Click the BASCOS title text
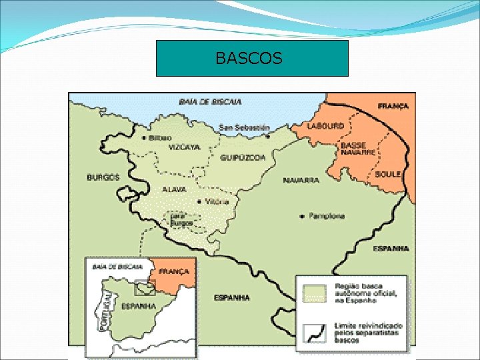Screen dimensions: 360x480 pyautogui.click(x=249, y=59)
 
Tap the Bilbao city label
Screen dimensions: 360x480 pyautogui.click(x=160, y=137)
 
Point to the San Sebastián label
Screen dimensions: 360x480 pyautogui.click(x=245, y=127)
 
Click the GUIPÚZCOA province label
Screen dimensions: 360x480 pyautogui.click(x=243, y=158)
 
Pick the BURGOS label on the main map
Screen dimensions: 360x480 pyautogui.click(x=103, y=177)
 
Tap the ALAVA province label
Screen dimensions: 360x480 pyautogui.click(x=175, y=189)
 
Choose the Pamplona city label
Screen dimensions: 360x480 pyautogui.click(x=327, y=216)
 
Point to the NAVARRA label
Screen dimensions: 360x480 pyautogui.click(x=301, y=180)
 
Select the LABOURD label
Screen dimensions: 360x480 pyautogui.click(x=325, y=126)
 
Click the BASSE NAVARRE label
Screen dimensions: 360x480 pyautogui.click(x=358, y=149)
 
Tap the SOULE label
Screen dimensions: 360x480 pyautogui.click(x=387, y=174)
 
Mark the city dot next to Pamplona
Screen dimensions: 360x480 pyautogui.click(x=302, y=216)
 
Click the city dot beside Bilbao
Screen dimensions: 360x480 pyautogui.click(x=144, y=137)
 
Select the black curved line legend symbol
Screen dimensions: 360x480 pyautogui.click(x=313, y=331)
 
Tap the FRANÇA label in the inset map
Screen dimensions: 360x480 pyautogui.click(x=175, y=272)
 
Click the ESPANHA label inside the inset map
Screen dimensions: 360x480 pyautogui.click(x=139, y=307)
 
